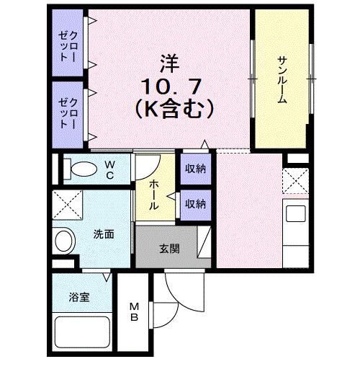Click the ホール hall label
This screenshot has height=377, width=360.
click(x=155, y=194)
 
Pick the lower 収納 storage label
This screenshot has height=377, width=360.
click(x=195, y=204)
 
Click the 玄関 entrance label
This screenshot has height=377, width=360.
click(x=168, y=249)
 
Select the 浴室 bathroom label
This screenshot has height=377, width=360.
click(x=78, y=296)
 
